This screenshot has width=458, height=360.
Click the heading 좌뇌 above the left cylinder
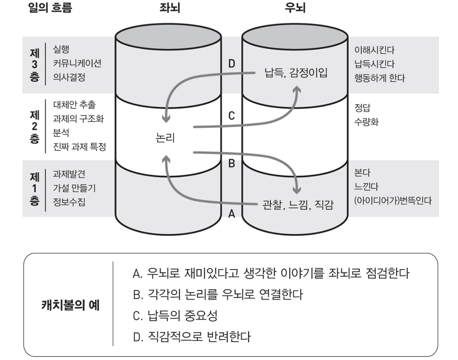click(170, 8)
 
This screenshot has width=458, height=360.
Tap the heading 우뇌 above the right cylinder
click(295, 8)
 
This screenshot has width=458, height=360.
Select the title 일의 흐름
click(50, 8)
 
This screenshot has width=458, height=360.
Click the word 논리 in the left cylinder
click(165, 137)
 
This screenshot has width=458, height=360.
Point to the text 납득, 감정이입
click(296, 73)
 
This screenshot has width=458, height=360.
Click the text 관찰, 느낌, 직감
click(298, 205)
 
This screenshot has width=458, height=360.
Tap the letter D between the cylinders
click(232, 64)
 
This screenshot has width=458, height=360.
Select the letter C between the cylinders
click(232, 115)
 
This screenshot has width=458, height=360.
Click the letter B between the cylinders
click(232, 163)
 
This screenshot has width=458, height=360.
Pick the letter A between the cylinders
click(232, 213)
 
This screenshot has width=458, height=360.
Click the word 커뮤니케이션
click(77, 63)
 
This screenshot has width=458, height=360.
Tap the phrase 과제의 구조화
click(78, 118)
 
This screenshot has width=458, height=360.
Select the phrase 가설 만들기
click(74, 188)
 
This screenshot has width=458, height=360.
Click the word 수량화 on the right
click(366, 122)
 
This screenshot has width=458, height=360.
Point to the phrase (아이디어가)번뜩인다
click(393, 201)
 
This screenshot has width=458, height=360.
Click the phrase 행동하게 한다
click(379, 78)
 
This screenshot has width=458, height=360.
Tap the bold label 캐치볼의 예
click(70, 305)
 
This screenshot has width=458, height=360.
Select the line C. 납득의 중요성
click(175, 315)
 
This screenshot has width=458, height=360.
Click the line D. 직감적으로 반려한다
click(191, 336)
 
